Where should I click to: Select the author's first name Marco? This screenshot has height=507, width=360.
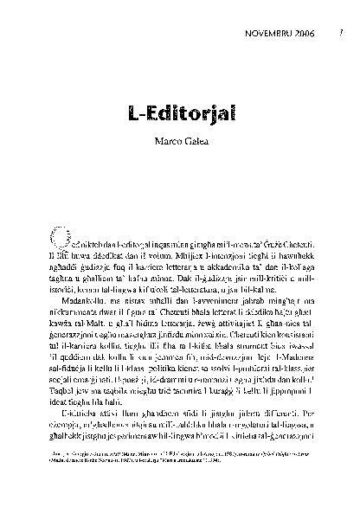pos(165,142)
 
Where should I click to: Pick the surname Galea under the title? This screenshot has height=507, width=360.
pos(195,142)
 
